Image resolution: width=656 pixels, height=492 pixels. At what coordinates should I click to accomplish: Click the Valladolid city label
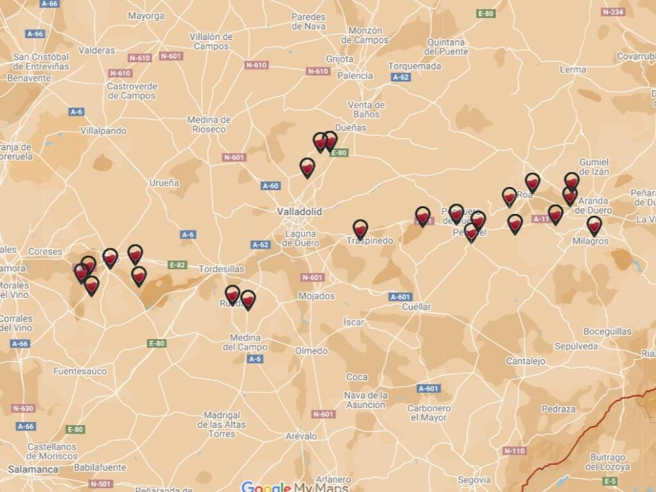(299, 211)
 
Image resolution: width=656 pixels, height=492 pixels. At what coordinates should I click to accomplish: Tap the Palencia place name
(355, 76)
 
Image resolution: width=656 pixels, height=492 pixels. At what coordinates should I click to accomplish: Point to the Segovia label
(474, 480)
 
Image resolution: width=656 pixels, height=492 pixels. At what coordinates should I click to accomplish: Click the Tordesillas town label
(221, 269)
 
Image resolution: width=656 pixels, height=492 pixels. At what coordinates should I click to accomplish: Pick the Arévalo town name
(301, 436)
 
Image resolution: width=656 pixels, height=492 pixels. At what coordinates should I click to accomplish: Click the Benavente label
(29, 78)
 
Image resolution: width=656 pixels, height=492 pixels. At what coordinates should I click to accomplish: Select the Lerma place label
(572, 69)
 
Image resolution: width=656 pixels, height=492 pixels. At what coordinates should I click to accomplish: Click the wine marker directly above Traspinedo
(360, 228)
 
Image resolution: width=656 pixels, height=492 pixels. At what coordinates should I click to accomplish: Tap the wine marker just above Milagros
(594, 225)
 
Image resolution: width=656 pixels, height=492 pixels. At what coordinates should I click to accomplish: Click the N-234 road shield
(613, 12)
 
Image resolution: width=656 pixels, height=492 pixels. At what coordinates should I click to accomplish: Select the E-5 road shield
(610, 481)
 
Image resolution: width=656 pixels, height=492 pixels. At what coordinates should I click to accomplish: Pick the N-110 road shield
(514, 451)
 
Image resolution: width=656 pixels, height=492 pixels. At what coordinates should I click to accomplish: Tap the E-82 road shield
(177, 265)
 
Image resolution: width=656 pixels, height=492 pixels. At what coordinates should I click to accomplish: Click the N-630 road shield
(23, 409)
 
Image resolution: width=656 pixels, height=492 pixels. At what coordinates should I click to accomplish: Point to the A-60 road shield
(270, 186)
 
